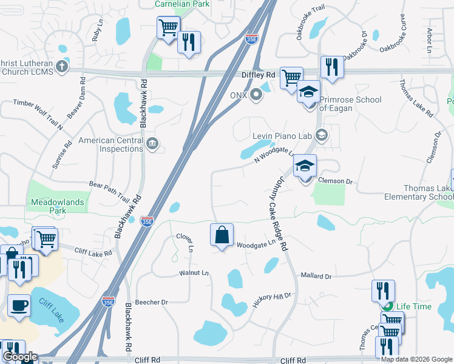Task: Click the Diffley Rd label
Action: (x=259, y=75)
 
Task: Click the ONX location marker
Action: (x=257, y=95)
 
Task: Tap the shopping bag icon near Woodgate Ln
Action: (x=222, y=235)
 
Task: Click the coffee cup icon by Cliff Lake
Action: (x=19, y=305)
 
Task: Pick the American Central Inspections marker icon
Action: (x=152, y=144)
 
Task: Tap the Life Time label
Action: (x=415, y=306)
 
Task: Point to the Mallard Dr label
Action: (x=316, y=276)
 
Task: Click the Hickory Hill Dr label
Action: (x=272, y=299)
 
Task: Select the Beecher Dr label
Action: (x=152, y=302)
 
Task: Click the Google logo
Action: (x=20, y=357)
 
